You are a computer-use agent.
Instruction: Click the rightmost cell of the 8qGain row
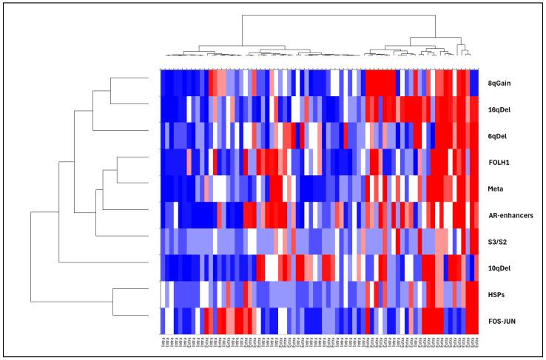tap(475, 83)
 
